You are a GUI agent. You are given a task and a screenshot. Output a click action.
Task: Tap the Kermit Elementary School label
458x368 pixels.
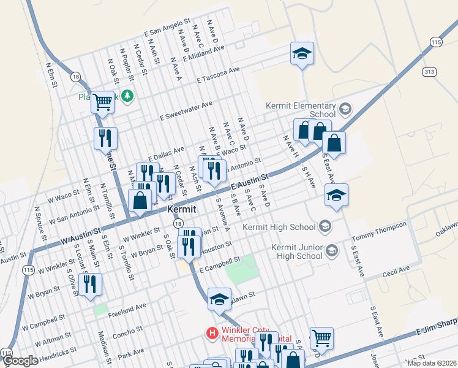click(301, 110)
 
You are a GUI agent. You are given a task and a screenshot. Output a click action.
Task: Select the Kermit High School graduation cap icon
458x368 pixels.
click(325, 226)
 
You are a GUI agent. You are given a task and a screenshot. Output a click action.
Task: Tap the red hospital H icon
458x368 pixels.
click(212, 333)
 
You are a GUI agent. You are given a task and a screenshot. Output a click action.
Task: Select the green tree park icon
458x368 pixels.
click(127, 96)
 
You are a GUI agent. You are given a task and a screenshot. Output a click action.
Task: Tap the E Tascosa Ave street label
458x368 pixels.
click(219, 75)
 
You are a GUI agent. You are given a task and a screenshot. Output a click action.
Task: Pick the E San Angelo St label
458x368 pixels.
click(167, 28)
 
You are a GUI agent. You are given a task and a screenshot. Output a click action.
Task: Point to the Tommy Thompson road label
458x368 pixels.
click(380, 231)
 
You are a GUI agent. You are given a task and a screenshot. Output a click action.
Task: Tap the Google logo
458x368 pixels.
click(20, 361)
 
